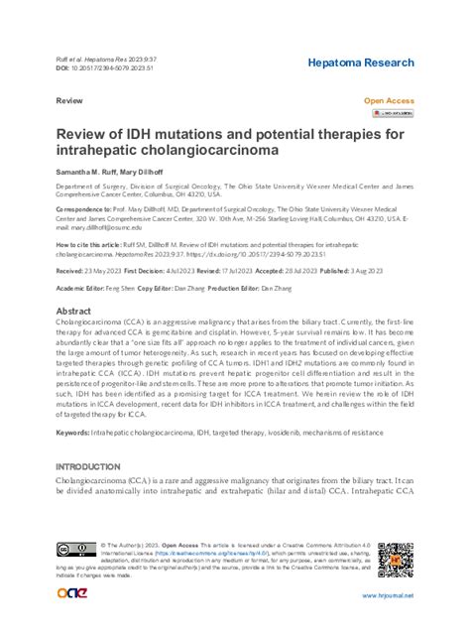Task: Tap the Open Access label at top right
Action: (390, 101)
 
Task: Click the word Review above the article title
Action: (68, 101)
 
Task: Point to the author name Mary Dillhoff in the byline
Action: (148, 172)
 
